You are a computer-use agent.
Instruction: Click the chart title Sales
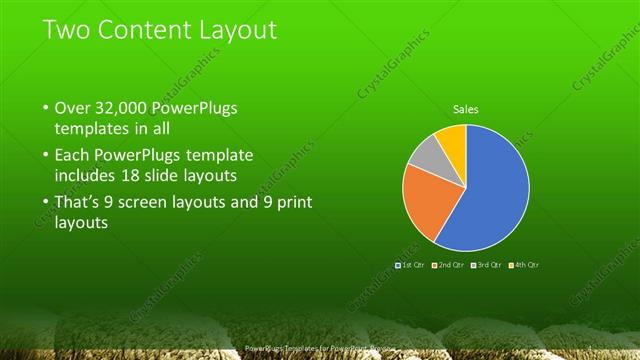pyautogui.click(x=466, y=109)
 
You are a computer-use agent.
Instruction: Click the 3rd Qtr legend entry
pyautogui.click(x=488, y=264)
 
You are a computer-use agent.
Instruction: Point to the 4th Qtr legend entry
pyautogui.click(x=525, y=264)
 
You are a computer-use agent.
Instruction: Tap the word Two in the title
pyautogui.click(x=66, y=30)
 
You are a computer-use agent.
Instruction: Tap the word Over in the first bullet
pyautogui.click(x=73, y=108)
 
